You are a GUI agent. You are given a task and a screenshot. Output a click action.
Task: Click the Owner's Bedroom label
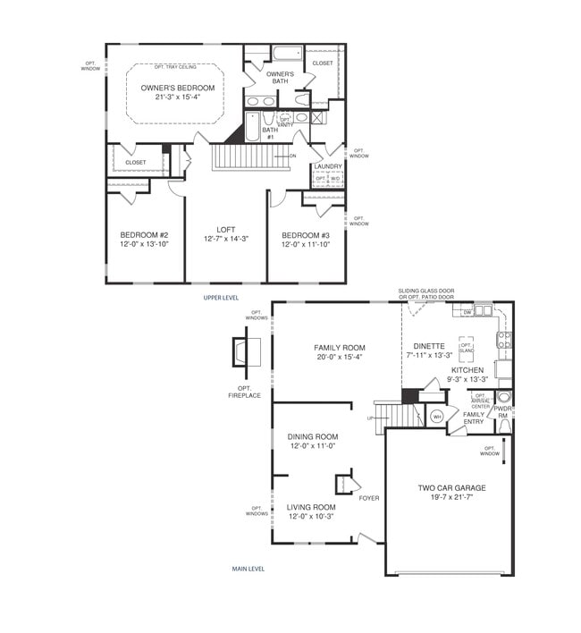(178, 88)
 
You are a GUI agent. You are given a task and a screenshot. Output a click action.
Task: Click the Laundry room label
(328, 165)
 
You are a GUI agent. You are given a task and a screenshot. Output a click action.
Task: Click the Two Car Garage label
(451, 488)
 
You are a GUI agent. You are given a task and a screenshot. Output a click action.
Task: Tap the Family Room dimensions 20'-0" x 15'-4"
(320, 356)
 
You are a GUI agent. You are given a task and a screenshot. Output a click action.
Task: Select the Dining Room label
(312, 436)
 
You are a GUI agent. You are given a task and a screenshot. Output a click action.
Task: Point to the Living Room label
(310, 507)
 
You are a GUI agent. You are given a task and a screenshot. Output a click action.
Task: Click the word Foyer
(368, 498)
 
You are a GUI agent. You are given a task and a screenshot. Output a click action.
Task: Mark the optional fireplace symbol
(243, 352)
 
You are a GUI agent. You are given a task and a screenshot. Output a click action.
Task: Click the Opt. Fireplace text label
(244, 391)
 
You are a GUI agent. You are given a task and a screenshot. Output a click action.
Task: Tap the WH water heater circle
(437, 416)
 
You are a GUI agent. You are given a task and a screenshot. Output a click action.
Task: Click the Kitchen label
(467, 369)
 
